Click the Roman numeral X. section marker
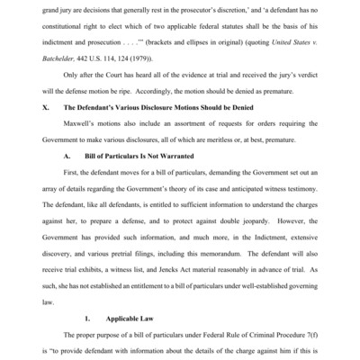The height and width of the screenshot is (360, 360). coord(58,117)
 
